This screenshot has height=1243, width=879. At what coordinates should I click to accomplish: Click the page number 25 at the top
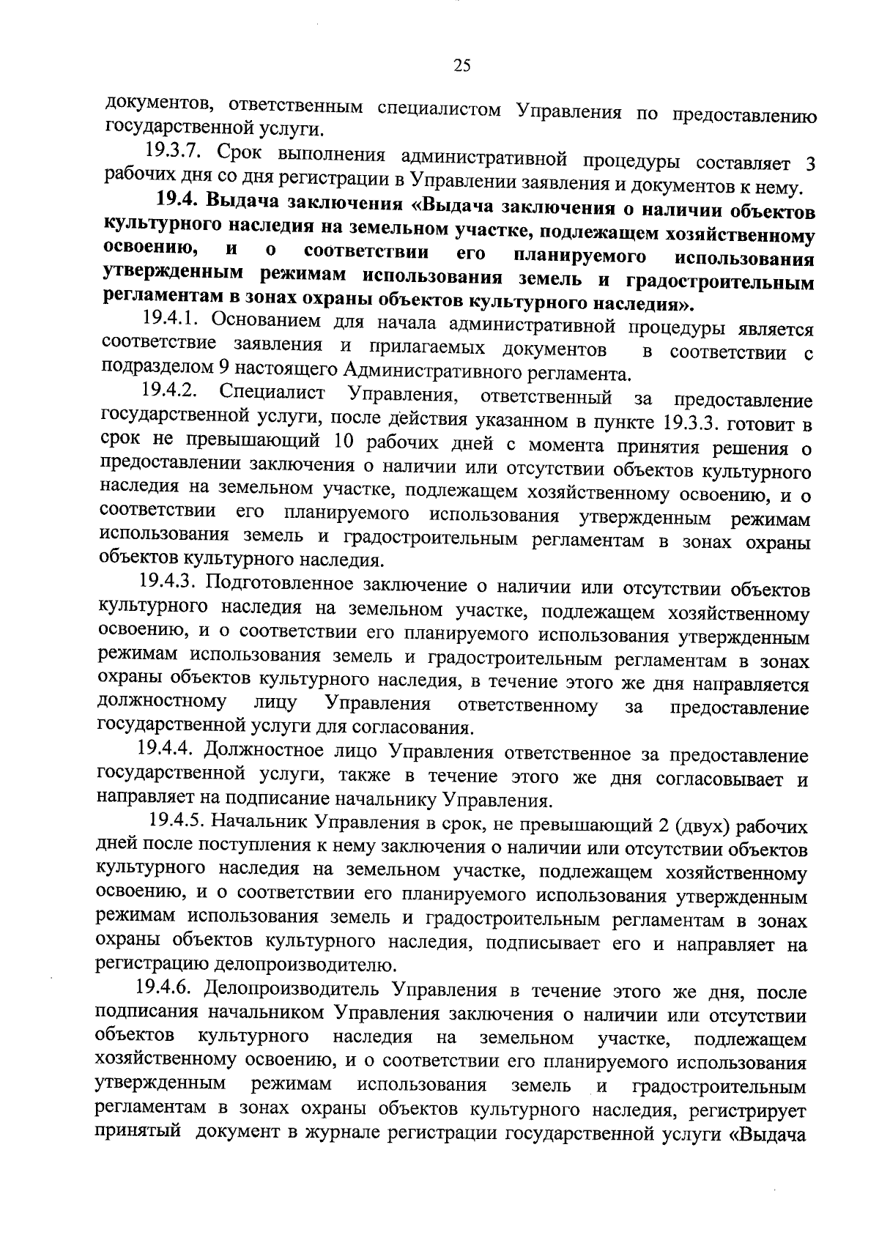tap(461, 67)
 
